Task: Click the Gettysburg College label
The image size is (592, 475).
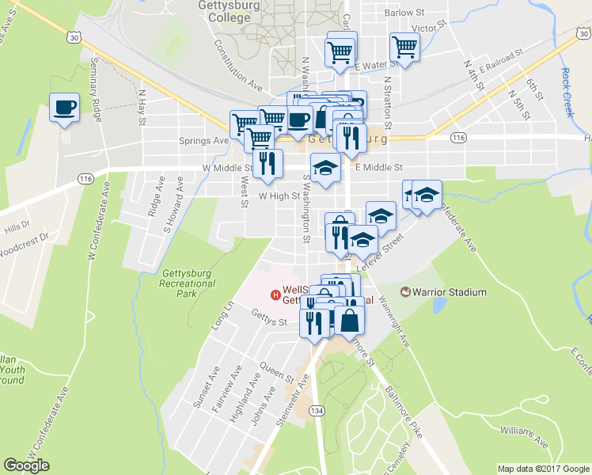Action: (x=230, y=12)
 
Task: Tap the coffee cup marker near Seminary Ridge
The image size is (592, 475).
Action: (x=64, y=108)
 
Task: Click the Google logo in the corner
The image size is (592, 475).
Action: (x=27, y=465)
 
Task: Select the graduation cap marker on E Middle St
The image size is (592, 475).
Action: (x=324, y=168)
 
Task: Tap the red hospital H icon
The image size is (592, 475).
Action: (x=275, y=295)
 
